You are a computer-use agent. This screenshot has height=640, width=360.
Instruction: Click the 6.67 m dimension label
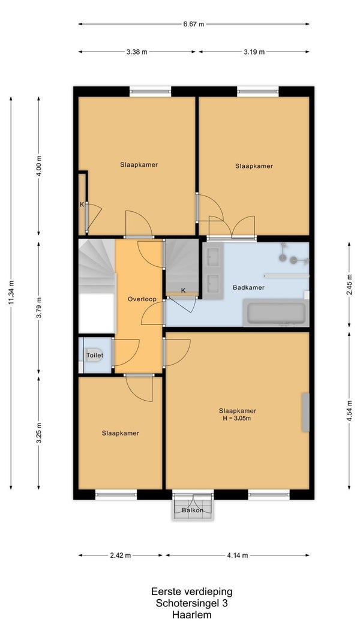(193, 24)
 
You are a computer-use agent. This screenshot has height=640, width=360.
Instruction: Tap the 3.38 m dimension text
(137, 52)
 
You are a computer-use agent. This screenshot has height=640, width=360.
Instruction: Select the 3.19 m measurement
(254, 52)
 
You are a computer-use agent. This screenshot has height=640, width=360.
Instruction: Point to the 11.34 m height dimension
(11, 292)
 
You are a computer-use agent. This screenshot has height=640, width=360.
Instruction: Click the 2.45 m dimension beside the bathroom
(349, 284)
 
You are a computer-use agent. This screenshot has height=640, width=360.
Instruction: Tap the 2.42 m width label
(121, 555)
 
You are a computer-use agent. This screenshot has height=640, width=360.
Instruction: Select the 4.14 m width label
(238, 555)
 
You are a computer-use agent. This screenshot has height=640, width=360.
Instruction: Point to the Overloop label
(142, 299)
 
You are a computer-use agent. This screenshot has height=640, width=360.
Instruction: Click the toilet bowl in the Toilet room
(94, 355)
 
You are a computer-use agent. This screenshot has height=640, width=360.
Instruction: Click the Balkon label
(193, 510)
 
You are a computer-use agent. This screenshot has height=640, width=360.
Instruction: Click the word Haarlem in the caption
(192, 615)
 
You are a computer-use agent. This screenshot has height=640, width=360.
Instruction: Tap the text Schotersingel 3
(192, 603)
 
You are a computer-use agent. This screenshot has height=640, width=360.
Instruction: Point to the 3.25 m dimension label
(39, 433)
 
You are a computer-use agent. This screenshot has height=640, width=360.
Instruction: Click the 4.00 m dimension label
(39, 166)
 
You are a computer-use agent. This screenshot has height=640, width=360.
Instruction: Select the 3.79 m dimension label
(39, 308)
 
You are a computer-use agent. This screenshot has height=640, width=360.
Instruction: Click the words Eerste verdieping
(192, 591)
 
